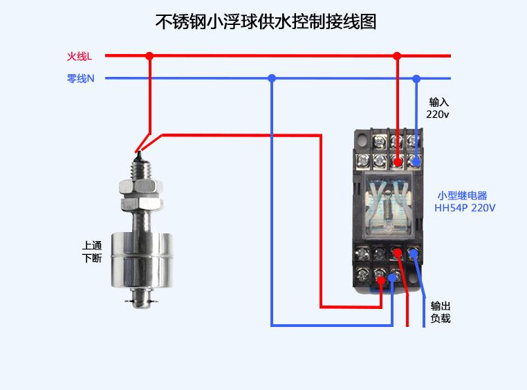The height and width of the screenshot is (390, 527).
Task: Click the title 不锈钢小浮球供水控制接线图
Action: (x=265, y=21)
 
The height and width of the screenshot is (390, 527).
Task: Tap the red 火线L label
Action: (x=79, y=55)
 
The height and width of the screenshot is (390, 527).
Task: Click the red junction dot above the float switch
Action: (x=149, y=55)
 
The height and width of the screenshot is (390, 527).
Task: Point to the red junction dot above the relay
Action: (x=396, y=55)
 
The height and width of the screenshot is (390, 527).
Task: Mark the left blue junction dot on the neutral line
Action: (x=272, y=78)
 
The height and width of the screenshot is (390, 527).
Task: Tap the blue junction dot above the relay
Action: (x=416, y=78)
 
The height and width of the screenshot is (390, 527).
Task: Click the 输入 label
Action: (x=439, y=102)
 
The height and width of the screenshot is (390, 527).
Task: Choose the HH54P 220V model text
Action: (x=465, y=207)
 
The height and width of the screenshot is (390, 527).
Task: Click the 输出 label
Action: (x=441, y=305)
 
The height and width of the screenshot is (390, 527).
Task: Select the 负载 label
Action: (x=441, y=319)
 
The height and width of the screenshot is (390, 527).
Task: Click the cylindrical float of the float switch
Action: (x=142, y=259)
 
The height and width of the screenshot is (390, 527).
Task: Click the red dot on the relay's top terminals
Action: (x=398, y=161)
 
